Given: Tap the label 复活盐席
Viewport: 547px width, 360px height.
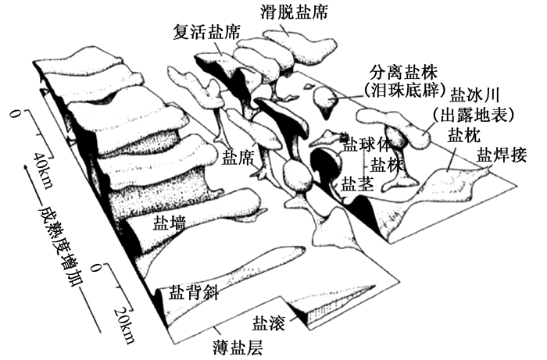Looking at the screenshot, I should click(x=206, y=32).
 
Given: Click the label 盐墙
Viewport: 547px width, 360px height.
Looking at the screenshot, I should click(x=169, y=223).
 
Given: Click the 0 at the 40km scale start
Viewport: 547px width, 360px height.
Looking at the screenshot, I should click(x=15, y=116).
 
